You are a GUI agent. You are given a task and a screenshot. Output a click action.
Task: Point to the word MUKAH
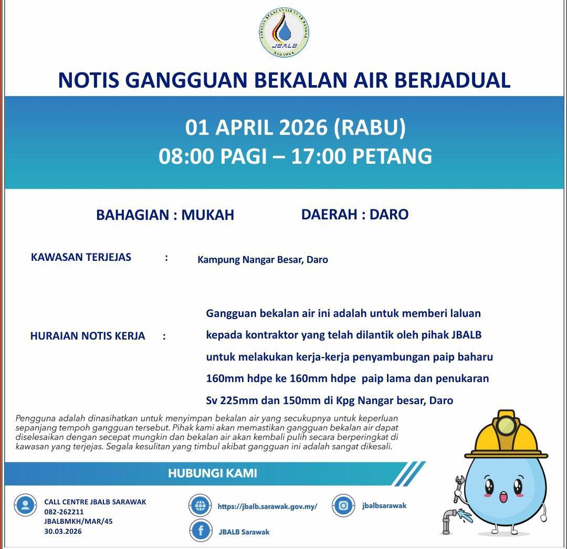[208, 215]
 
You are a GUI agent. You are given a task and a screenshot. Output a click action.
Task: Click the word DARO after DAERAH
[389, 214]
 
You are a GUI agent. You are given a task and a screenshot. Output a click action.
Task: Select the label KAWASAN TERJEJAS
[81, 257]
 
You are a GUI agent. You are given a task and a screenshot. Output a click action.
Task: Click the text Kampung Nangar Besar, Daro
[262, 260]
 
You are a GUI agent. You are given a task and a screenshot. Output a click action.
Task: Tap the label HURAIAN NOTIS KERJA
[88, 336]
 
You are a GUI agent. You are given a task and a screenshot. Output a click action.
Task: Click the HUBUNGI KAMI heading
[212, 473]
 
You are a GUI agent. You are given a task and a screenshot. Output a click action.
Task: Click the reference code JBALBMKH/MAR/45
[78, 522]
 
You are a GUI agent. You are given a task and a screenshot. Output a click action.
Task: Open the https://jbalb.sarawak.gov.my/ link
[267, 507]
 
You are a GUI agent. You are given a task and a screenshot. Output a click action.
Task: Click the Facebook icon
[201, 531]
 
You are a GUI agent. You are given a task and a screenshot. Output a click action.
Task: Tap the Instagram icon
[343, 506]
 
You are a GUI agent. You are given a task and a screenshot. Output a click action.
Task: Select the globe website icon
[200, 506]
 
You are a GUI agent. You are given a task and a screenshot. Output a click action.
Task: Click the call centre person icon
[25, 505]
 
